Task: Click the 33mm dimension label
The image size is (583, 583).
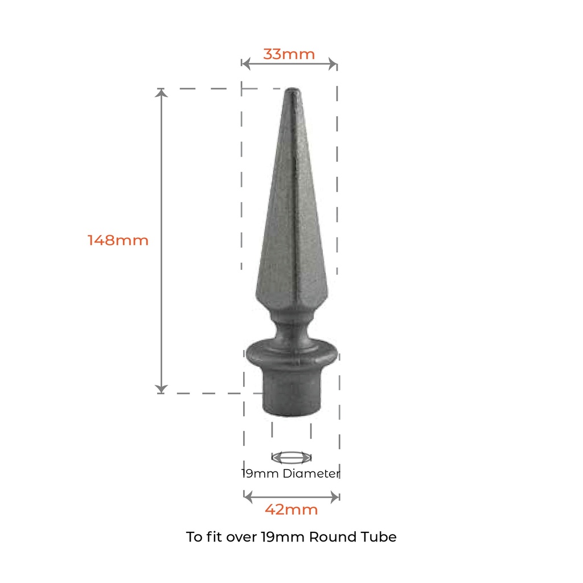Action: point(289,54)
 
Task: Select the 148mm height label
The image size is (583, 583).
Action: point(118,240)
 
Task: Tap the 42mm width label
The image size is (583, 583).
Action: point(291,510)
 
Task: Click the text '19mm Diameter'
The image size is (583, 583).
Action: point(290,473)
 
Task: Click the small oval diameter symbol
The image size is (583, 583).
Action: point(291,457)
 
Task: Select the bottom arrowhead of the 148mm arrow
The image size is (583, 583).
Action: point(162,389)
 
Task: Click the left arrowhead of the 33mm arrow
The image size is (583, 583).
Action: point(245,64)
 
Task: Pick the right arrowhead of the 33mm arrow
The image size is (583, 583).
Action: point(334,64)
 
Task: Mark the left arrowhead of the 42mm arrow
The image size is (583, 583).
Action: point(247,496)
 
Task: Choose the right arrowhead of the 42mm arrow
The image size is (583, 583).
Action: point(336,496)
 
